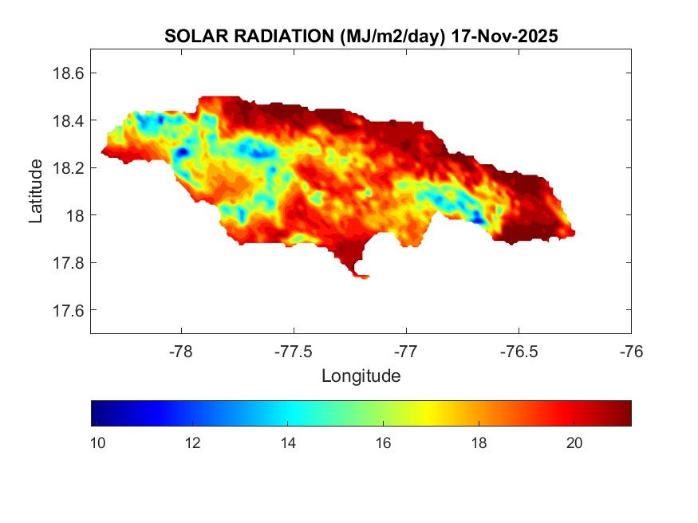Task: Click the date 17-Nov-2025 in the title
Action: pyautogui.click(x=503, y=37)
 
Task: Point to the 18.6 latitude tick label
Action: pyautogui.click(x=69, y=73)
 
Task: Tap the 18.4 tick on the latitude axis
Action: pyautogui.click(x=69, y=120)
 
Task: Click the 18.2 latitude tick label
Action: pyautogui.click(x=69, y=168)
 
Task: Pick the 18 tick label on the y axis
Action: pyautogui.click(x=76, y=215)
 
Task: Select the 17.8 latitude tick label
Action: pyautogui.click(x=69, y=263)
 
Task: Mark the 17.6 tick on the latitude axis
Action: pyautogui.click(x=69, y=310)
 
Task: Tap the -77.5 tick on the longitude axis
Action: pyautogui.click(x=294, y=350)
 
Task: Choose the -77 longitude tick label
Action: pyautogui.click(x=406, y=350)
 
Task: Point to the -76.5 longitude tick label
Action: pyautogui.click(x=519, y=350)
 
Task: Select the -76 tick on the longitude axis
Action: pyautogui.click(x=631, y=350)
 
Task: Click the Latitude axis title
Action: pyautogui.click(x=36, y=191)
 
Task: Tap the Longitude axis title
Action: pyautogui.click(x=361, y=375)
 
